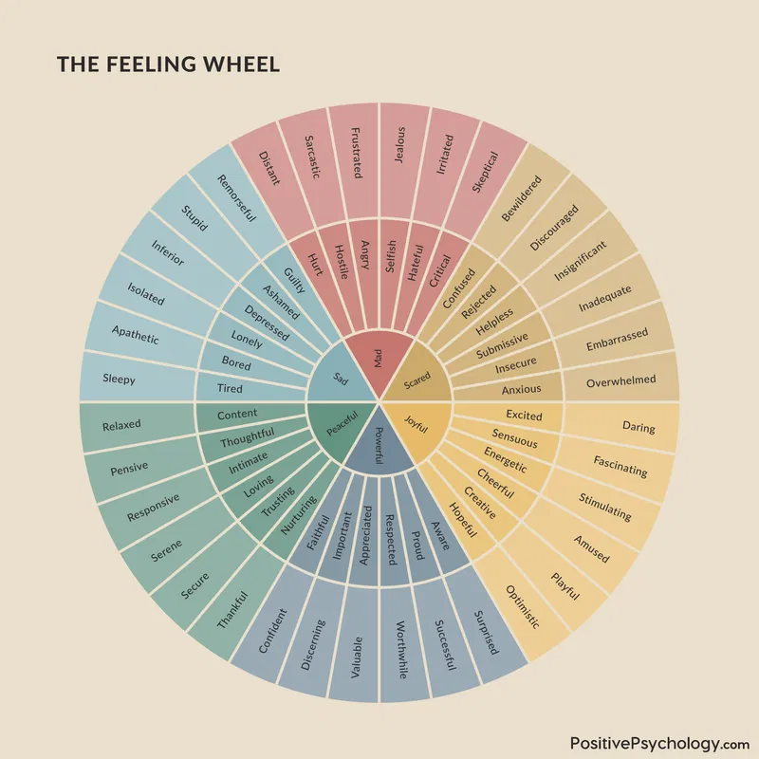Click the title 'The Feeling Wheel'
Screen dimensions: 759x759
[x=169, y=65]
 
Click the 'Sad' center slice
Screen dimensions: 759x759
[x=339, y=377]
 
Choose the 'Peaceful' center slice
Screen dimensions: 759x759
[x=341, y=428]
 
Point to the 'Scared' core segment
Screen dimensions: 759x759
[x=417, y=381]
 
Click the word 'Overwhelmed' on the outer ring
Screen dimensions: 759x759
[x=620, y=379]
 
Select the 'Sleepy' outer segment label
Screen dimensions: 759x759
[x=119, y=379]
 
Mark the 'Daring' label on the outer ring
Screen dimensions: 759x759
[x=638, y=427]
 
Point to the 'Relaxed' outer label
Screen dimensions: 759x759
[x=121, y=425]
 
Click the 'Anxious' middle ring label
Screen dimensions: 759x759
[x=521, y=388]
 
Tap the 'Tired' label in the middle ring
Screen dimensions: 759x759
[x=230, y=388]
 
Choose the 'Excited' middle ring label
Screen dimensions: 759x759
[x=524, y=416]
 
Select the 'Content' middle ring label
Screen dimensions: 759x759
[x=237, y=415]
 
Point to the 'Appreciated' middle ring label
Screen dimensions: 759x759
[x=365, y=539]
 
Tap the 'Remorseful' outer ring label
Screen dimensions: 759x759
[x=232, y=197]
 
